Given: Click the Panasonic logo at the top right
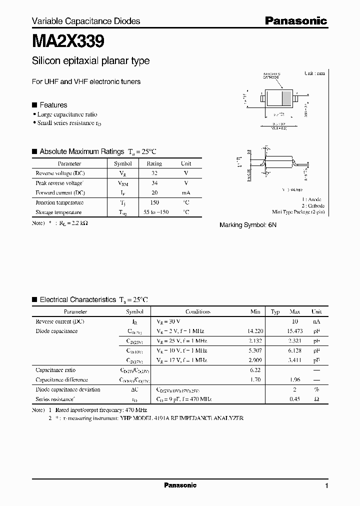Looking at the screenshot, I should pos(295,20).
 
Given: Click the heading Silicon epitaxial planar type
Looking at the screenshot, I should pos(90,61).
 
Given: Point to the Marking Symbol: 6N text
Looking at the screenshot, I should pos(248,225).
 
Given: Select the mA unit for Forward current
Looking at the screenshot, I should pos(186,192).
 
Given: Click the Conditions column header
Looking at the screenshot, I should pos(197,311).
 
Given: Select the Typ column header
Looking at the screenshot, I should pos(275,311).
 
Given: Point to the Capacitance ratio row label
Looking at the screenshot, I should pos(55,370).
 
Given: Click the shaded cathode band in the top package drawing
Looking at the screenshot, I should pos(286,98).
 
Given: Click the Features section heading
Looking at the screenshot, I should pos(53,105).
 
